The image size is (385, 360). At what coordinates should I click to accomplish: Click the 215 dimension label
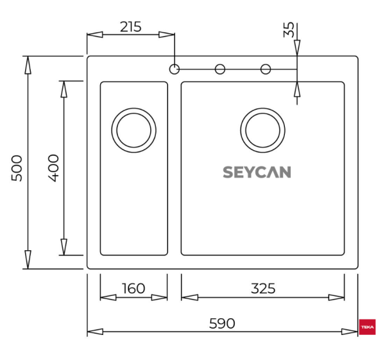tap(130, 27)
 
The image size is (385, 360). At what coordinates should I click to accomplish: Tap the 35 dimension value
tap(289, 30)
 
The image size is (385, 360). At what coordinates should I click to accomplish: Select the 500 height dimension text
tap(17, 167)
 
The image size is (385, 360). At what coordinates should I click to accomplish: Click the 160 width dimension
tap(133, 289)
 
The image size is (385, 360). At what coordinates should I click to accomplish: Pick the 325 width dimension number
tap(262, 289)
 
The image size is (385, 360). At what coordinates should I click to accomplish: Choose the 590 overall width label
tap(222, 323)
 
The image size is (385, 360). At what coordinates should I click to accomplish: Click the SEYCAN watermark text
tap(257, 172)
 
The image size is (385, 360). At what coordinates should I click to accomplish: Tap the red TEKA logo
tap(368, 327)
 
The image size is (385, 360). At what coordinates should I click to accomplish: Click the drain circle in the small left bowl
tap(133, 130)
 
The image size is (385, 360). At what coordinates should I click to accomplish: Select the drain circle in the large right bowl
tap(262, 130)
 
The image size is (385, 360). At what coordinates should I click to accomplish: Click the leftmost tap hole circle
tap(175, 69)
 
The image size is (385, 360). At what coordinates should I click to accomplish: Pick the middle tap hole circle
tap(220, 69)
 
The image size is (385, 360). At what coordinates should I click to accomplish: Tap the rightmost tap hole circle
tap(266, 69)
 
